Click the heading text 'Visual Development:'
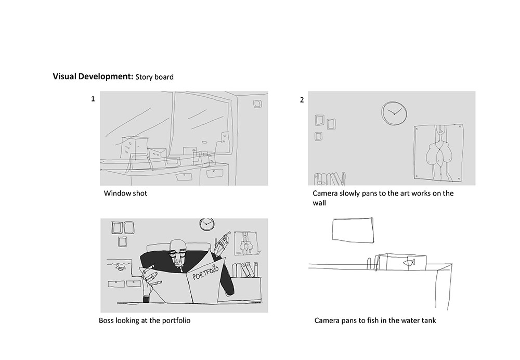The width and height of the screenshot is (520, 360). [x=93, y=76]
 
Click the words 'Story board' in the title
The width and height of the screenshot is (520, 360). [x=154, y=77]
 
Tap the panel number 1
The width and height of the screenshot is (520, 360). [x=93, y=99]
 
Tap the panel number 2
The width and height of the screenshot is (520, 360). [x=302, y=100]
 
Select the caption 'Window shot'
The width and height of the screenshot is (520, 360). [x=125, y=194]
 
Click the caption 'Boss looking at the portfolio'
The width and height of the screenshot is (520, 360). [x=145, y=320]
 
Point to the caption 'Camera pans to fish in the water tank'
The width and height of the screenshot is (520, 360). [x=375, y=320]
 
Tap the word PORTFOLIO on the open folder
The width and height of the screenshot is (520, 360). [x=205, y=272]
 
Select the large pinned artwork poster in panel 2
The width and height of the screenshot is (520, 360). [x=439, y=153]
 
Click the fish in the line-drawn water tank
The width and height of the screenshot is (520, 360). [x=409, y=262]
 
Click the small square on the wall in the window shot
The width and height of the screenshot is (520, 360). [x=258, y=104]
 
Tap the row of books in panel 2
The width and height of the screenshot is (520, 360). [x=329, y=179]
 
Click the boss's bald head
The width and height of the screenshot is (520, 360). [x=178, y=245]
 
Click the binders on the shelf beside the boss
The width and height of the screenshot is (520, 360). [x=245, y=269]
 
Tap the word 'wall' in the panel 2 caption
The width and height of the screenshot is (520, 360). [x=319, y=203]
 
